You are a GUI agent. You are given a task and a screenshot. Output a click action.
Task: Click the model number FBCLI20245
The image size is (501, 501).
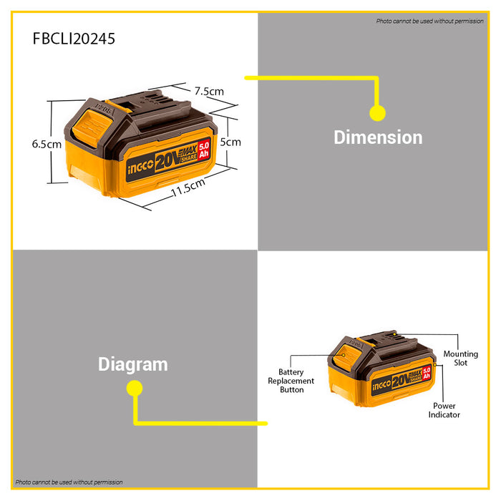click(74, 39)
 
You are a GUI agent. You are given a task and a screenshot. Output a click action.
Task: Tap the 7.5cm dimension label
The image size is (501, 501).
click(209, 92)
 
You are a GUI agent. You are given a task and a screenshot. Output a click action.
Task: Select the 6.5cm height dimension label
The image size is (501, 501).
click(47, 144)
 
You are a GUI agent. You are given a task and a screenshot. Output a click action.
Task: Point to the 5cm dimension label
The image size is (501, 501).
click(230, 142)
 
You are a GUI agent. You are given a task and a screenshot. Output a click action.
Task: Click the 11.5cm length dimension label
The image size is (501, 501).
click(188, 188)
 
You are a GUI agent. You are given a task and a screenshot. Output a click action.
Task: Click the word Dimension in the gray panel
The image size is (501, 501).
click(378, 137)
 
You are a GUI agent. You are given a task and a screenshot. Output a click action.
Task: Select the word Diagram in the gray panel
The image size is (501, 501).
click(133, 364)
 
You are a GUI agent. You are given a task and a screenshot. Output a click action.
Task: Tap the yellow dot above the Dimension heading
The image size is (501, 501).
click(377, 113)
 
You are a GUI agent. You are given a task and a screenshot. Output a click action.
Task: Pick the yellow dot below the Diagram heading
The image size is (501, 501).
click(135, 388)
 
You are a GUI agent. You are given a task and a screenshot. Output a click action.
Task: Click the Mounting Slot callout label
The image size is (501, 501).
click(461, 358)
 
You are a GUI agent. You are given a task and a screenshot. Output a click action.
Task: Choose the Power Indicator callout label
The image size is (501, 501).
click(444, 410)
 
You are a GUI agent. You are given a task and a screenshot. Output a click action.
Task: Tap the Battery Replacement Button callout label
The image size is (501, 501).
click(291, 381)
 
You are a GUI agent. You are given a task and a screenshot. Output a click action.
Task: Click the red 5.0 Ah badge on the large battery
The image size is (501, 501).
click(204, 150)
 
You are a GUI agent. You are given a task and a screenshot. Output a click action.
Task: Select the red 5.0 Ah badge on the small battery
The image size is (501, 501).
click(427, 373)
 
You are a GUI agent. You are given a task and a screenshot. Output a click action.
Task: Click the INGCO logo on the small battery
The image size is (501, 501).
click(381, 385)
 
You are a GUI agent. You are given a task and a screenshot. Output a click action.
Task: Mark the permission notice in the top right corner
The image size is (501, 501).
click(429, 21)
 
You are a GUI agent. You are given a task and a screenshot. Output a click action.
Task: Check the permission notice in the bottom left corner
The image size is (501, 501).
click(69, 482)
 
